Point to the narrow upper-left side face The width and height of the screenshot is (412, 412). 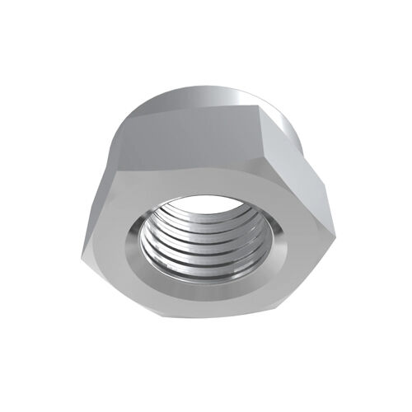click(x=101, y=185)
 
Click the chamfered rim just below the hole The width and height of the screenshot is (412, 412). click(x=202, y=288)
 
